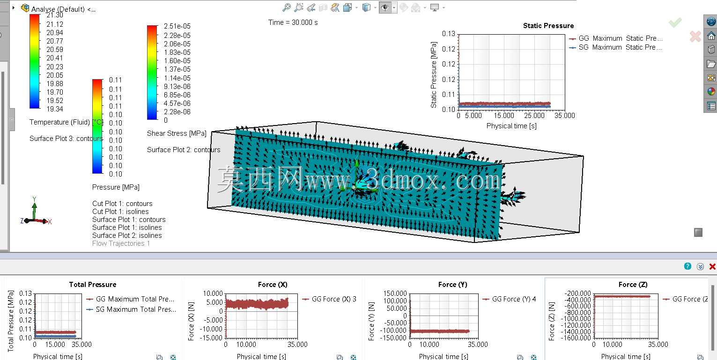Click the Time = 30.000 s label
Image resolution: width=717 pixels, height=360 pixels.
[293, 22]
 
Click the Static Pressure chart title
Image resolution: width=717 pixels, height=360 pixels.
[548, 26]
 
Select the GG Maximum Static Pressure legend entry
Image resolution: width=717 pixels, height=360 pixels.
[615, 38]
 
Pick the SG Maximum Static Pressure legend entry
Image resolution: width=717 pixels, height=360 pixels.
[615, 47]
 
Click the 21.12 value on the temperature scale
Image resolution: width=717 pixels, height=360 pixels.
[55, 24]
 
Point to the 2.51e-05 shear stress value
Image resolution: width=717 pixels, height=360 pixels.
[177, 26]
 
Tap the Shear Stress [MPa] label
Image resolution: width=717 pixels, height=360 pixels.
[177, 133]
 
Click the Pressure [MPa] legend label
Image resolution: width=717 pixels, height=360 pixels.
[116, 187]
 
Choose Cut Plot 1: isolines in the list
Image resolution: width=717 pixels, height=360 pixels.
[120, 212]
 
